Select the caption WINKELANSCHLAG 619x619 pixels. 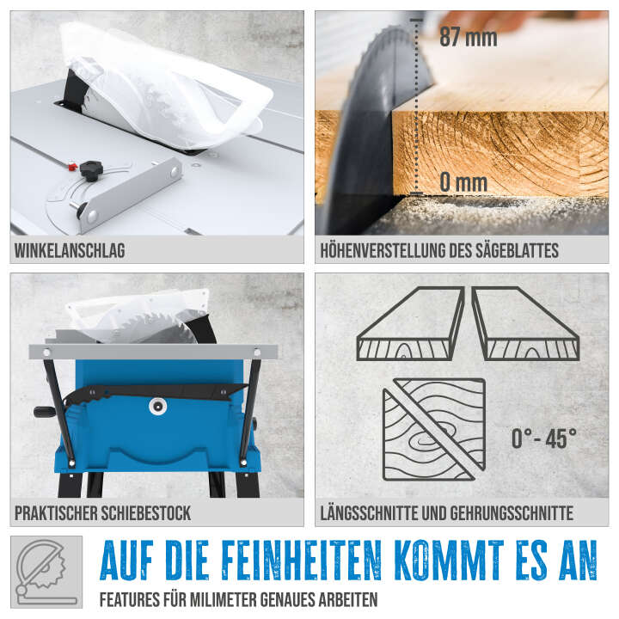pos(70,251)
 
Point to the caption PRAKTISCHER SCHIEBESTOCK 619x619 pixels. pos(102,513)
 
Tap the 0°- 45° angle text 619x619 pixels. pos(544,438)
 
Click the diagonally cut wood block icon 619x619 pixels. pos(432,429)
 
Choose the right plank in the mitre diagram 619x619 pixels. pos(525,324)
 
